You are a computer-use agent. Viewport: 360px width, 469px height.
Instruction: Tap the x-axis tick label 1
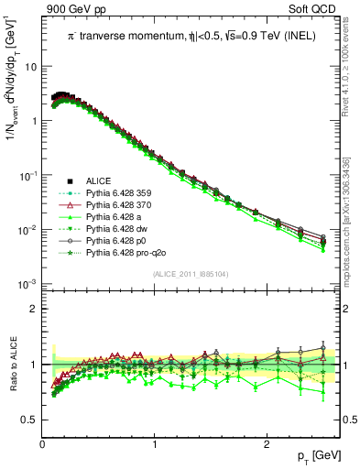[155, 444]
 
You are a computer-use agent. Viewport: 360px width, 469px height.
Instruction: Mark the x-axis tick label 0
[43, 444]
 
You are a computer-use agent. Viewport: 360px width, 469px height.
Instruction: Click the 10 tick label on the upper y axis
[30, 67]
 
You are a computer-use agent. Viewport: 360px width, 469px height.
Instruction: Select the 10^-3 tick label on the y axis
[28, 283]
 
